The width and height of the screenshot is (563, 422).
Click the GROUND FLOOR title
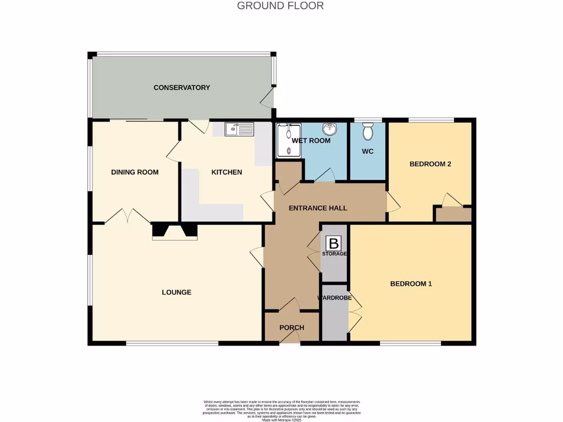pos(280,6)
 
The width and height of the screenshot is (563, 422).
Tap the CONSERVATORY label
pos(181,88)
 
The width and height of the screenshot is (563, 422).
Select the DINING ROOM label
pos(135,172)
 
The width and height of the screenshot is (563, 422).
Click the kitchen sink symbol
pos(240,130)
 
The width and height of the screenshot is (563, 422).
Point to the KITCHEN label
pos(227,172)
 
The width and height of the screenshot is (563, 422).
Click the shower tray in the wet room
pos(289,141)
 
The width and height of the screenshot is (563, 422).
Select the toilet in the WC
pos(368,131)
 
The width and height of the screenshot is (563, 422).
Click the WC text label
pos(368,151)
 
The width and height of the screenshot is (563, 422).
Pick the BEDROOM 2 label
pos(430,164)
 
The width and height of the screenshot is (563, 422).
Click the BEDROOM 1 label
pos(411,284)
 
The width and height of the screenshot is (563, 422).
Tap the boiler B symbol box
pos(333,243)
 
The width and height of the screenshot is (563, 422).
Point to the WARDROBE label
pos(334,298)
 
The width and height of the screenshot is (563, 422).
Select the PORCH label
pos(291,328)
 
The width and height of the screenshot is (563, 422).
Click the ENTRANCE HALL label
pos(318,208)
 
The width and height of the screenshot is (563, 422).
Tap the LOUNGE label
pos(176,292)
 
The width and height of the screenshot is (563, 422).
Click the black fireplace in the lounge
pos(174,231)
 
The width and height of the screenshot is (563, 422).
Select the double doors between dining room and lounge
pos(128,216)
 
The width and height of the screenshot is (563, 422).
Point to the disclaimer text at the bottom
pos(281,410)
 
